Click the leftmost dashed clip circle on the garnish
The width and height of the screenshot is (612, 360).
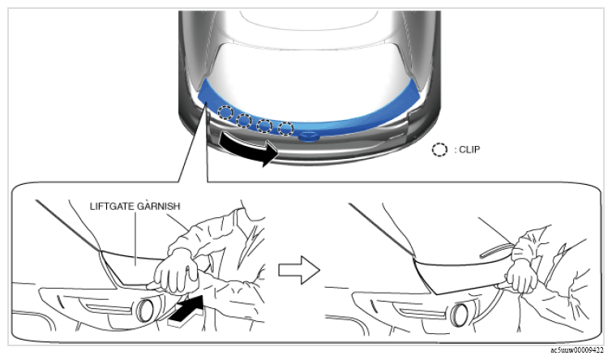pyautogui.click(x=225, y=113)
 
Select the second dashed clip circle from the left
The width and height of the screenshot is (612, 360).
pyautogui.click(x=244, y=120)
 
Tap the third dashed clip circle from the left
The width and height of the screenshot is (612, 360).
pyautogui.click(x=264, y=126)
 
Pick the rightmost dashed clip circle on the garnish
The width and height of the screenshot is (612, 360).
pyautogui.click(x=285, y=128)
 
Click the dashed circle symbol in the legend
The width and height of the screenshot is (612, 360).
pyautogui.click(x=439, y=149)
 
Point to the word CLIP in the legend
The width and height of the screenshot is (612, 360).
pyautogui.click(x=469, y=149)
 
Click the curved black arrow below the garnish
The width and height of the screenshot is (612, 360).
pyautogui.click(x=248, y=148)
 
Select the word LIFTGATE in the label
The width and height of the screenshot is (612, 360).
pyautogui.click(x=112, y=206)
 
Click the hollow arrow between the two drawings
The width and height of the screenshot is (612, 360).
pyautogui.click(x=299, y=270)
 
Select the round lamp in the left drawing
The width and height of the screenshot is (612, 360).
pyautogui.click(x=146, y=310)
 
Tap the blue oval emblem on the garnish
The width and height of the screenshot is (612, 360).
pyautogui.click(x=309, y=137)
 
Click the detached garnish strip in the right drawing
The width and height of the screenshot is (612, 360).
pyautogui.click(x=496, y=251)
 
